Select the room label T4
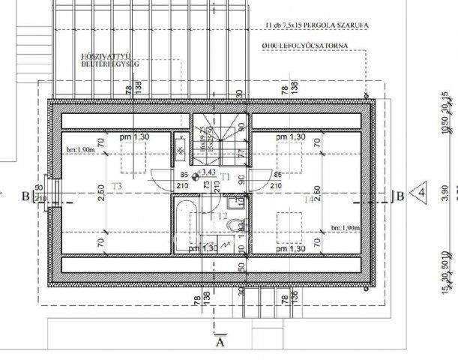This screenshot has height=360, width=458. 308,200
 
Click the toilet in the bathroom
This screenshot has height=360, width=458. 235,224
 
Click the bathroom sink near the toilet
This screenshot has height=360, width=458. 237,201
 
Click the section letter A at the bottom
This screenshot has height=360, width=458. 220,343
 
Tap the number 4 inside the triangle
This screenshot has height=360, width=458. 421,192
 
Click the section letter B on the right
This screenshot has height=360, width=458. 400,196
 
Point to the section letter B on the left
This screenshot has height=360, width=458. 26,196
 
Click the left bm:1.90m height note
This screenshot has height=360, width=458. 80,150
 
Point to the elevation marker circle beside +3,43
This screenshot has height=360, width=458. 196,177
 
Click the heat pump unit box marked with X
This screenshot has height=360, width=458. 181,150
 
